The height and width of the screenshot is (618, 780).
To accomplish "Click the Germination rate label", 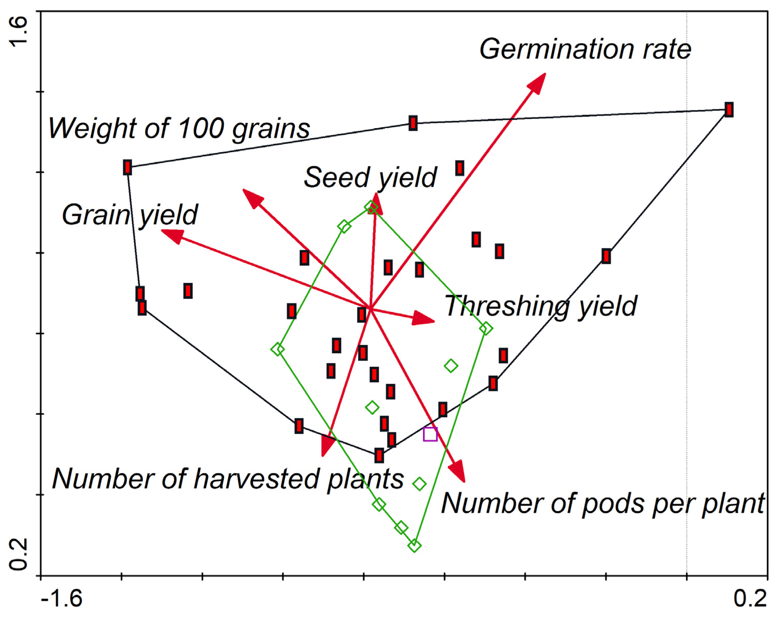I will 585,50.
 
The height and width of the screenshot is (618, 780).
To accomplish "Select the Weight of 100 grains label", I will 179,128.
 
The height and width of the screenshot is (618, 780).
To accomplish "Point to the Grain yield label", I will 129,215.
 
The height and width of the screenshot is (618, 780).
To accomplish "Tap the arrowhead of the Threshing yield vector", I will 424,318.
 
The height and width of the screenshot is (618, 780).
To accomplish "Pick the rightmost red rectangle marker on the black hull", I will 729,109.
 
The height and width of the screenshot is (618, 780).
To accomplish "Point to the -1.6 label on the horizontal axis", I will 61,599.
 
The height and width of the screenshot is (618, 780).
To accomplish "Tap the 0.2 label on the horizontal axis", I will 750,599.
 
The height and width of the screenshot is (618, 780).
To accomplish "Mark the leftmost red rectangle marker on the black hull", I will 127,168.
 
